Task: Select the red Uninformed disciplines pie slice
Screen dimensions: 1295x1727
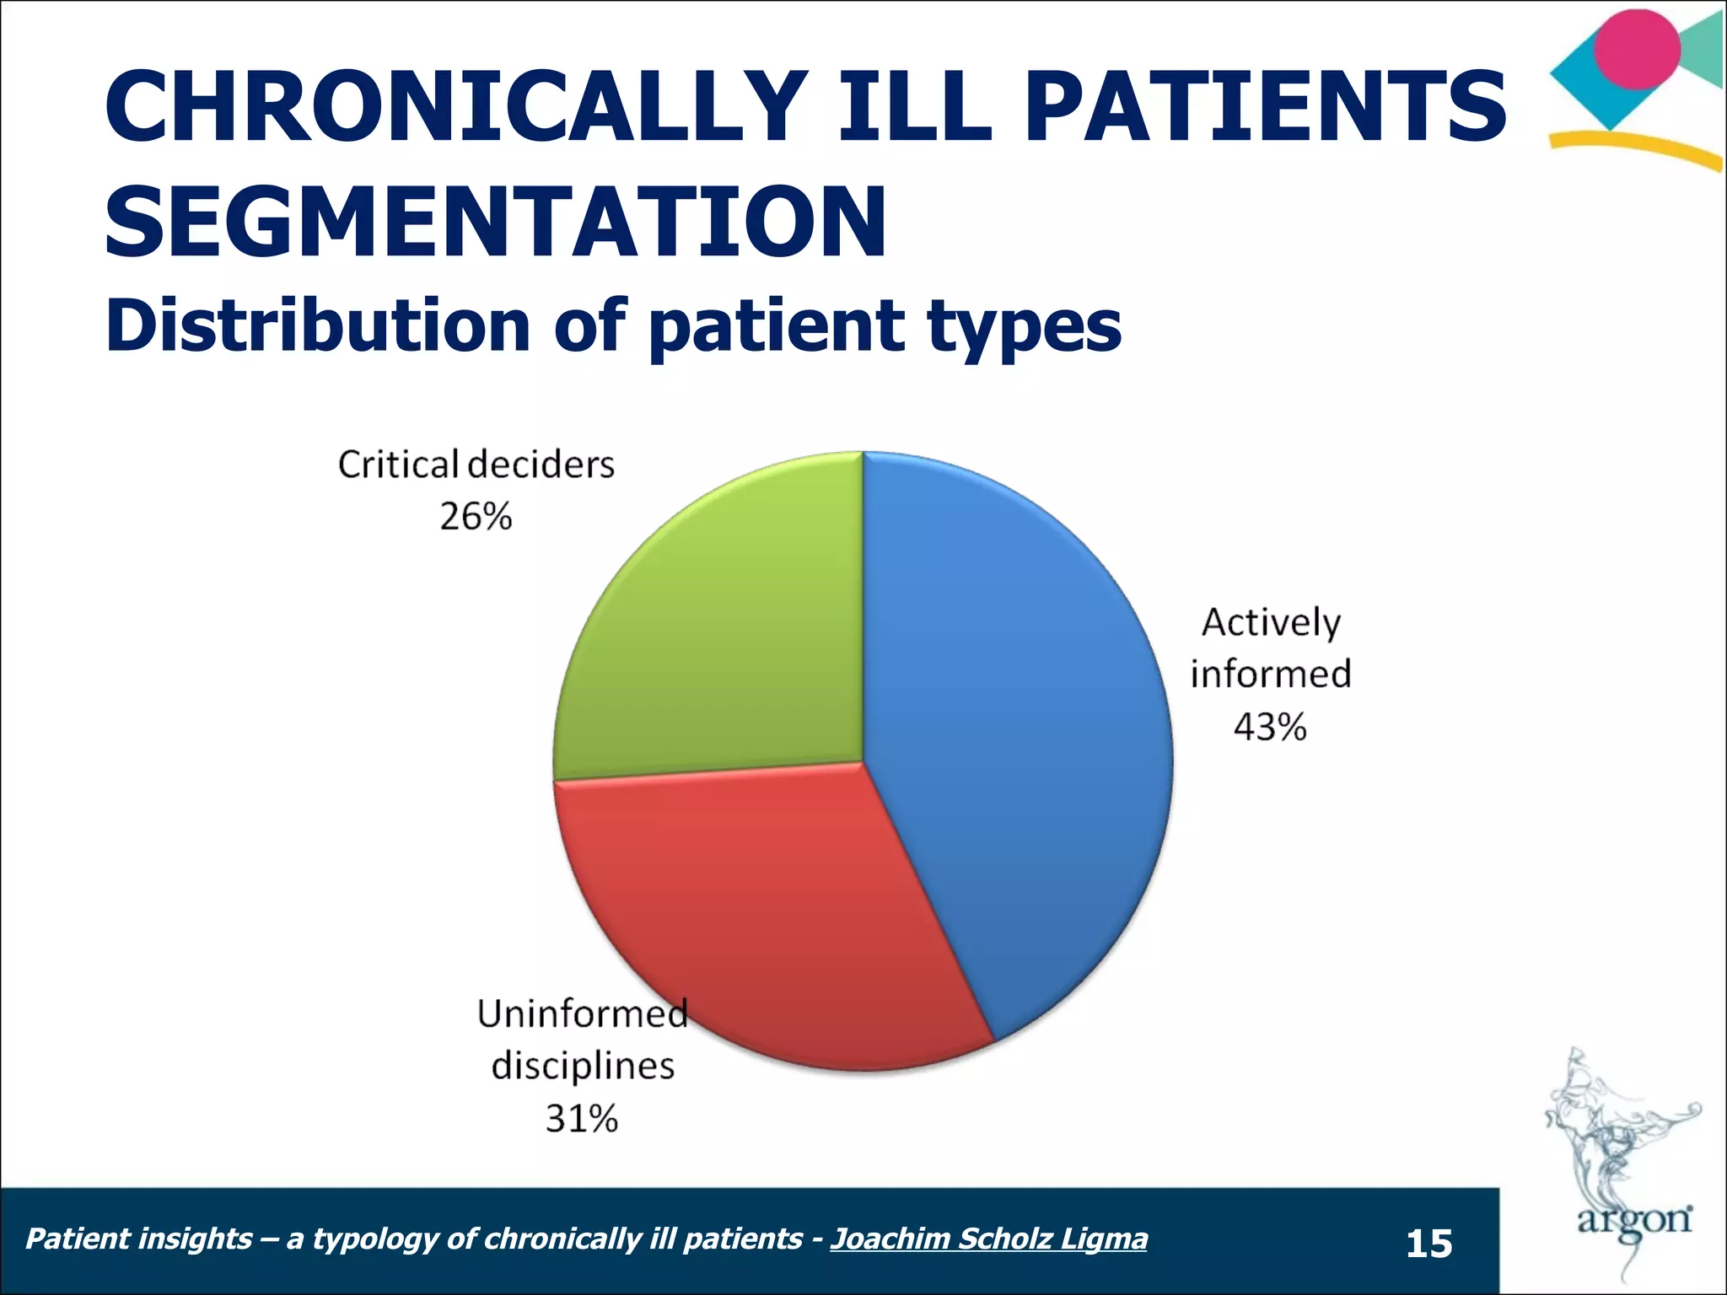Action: [x=759, y=919]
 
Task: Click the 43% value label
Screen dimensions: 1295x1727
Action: [x=1270, y=727]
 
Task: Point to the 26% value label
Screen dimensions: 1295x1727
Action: [x=476, y=517]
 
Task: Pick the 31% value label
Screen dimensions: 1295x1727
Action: [x=582, y=1119]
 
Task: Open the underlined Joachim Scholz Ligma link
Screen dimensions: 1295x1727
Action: [x=988, y=1239]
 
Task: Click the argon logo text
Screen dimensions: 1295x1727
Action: [x=1634, y=1221]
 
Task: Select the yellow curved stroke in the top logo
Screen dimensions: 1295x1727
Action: [x=1636, y=148]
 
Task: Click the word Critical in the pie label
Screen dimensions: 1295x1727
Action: [x=398, y=465]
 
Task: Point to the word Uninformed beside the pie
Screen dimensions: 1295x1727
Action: [x=582, y=1014]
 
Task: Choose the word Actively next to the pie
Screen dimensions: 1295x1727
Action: [x=1271, y=622]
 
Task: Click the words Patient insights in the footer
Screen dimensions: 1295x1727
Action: [x=139, y=1239]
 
